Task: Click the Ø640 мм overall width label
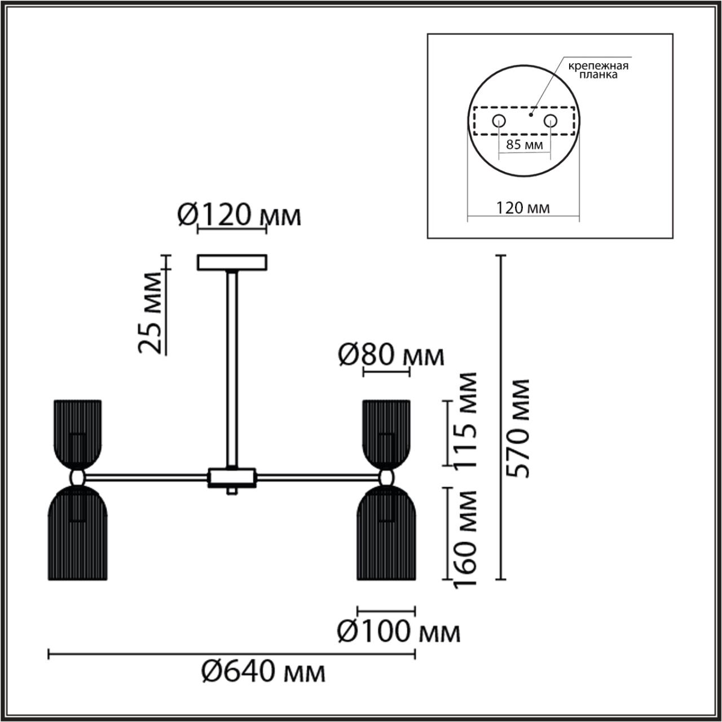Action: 263,672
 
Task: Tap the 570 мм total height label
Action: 517,429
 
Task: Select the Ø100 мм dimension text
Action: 398,632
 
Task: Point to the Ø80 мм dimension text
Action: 391,355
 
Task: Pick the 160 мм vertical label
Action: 465,538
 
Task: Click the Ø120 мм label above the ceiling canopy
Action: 239,215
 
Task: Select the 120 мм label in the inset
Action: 523,208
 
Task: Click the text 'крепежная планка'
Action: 598,70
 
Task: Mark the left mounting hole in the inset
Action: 499,120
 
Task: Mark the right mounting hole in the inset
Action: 550,120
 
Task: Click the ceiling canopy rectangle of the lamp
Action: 232,263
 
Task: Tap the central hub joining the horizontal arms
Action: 232,477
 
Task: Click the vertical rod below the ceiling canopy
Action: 232,367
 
